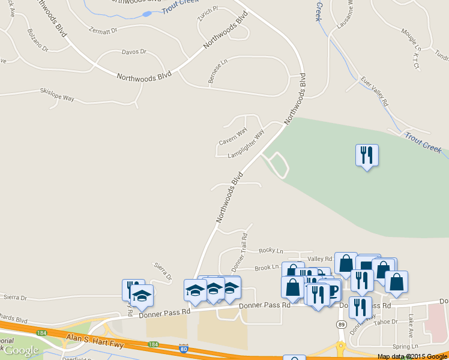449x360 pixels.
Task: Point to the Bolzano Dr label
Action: coord(37,39)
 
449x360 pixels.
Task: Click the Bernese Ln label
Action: coord(218,71)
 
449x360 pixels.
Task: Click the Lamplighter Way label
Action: coord(247,145)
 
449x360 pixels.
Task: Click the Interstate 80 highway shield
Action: coord(183,348)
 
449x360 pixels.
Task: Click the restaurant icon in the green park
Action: coord(366,155)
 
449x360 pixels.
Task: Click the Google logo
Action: coord(22,350)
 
